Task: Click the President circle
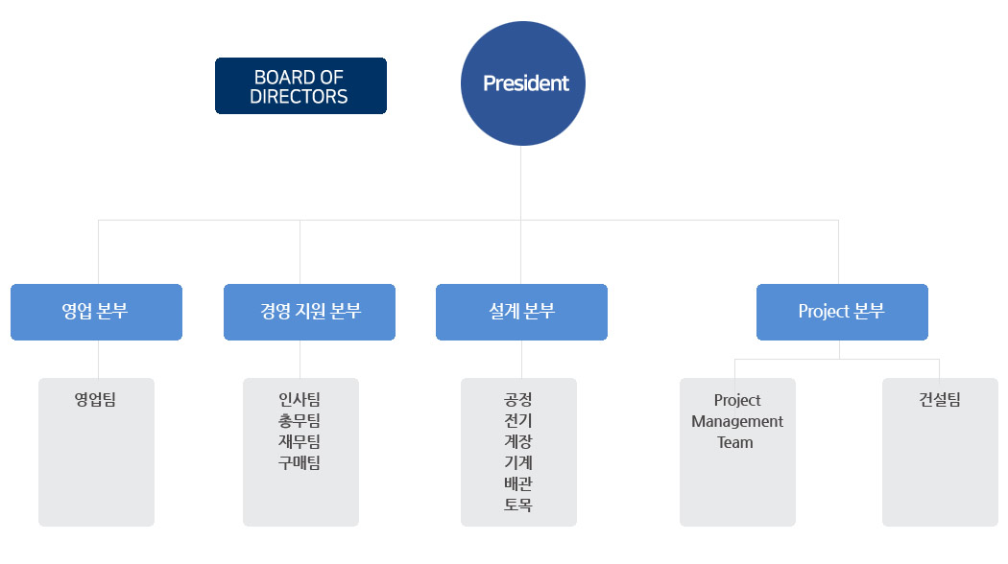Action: (522, 83)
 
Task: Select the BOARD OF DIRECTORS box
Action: (300, 86)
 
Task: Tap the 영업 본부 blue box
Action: (96, 312)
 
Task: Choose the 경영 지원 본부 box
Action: (309, 312)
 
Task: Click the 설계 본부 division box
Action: (521, 312)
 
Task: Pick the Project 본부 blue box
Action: (842, 312)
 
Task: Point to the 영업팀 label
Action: (95, 400)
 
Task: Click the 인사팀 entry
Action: (299, 400)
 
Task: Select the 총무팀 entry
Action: (299, 421)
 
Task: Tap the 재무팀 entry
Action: (299, 442)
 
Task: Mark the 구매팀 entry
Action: (299, 463)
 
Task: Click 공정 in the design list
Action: (518, 400)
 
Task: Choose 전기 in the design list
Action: (518, 421)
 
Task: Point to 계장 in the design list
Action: (518, 442)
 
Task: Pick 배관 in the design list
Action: (518, 483)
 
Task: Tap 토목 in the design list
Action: (518, 505)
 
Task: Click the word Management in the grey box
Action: (737, 421)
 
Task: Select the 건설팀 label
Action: (939, 400)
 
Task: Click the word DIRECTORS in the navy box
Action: (299, 96)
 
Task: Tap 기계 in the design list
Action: (518, 462)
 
